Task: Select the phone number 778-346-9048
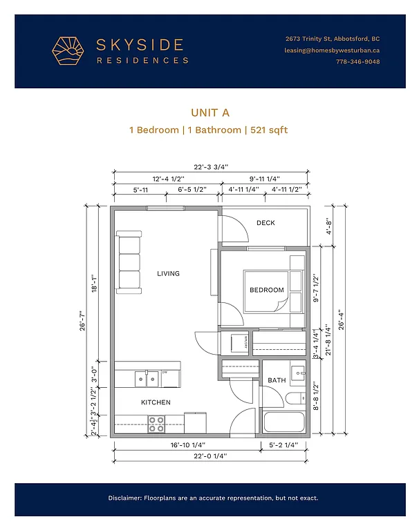[x=357, y=63]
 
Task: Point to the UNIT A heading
[x=209, y=112]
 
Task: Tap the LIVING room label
[x=168, y=274]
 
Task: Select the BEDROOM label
[x=267, y=291]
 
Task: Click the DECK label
[x=266, y=223]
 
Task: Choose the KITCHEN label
[x=156, y=402]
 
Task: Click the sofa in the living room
[x=129, y=262]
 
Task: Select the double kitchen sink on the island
[x=146, y=378]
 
